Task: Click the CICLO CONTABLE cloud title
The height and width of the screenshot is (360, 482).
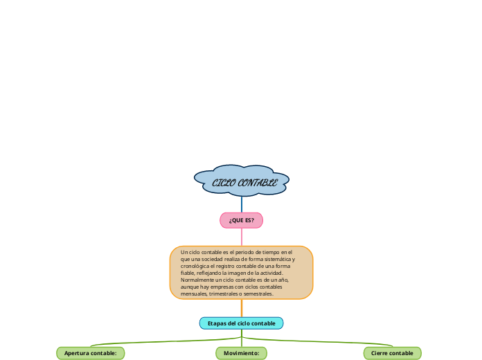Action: (x=242, y=183)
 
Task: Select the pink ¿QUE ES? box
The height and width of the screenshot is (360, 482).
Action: (x=241, y=220)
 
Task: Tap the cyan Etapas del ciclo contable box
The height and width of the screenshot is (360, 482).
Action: (x=241, y=323)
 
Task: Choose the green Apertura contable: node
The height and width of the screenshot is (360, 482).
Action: (x=90, y=353)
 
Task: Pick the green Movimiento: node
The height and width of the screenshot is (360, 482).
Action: (x=241, y=353)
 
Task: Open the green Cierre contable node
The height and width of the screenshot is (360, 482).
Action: (x=392, y=353)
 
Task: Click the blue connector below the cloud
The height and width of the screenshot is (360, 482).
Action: (x=242, y=204)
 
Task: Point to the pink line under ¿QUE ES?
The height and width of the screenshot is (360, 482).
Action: (x=242, y=237)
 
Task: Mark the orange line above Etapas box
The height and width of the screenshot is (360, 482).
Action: (x=242, y=308)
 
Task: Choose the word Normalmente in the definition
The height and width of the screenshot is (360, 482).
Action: (x=197, y=280)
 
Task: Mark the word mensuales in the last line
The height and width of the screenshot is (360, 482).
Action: (x=193, y=294)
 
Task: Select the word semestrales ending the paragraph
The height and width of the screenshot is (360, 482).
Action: (x=260, y=294)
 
